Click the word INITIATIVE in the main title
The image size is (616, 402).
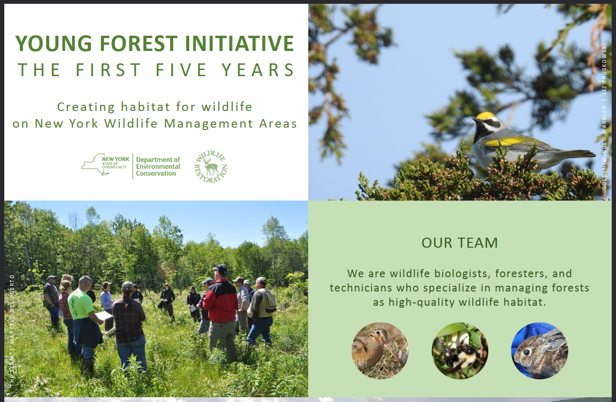pos(240,43)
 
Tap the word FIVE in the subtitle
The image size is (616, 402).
pos(181,70)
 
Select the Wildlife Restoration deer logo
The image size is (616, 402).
pos(211,167)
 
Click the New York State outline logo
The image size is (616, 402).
pos(105,164)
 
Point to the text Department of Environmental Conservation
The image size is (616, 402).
pos(158,166)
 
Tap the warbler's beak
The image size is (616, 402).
pos(475,120)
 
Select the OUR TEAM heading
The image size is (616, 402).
pos(460,243)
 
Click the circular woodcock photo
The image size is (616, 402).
pos(380,351)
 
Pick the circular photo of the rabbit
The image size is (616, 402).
pos(540,351)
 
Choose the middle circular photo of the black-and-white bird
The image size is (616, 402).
pos(460,351)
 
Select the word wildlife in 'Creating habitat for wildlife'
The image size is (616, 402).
pos(227,107)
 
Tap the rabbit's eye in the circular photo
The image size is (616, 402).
pos(526,352)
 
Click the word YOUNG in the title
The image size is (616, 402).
pos(53,43)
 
